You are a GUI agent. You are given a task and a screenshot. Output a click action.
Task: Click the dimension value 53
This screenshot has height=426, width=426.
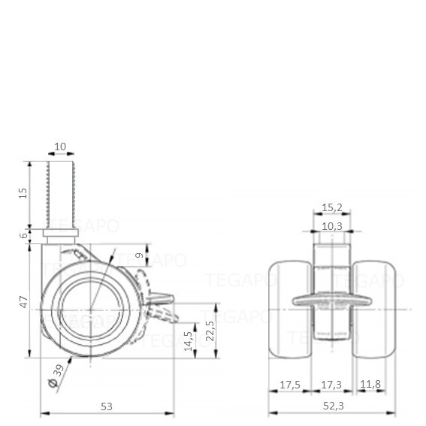(107, 406)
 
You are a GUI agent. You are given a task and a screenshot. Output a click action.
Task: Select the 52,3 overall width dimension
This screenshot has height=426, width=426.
(334, 406)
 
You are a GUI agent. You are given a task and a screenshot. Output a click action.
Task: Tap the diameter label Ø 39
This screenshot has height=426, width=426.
(56, 376)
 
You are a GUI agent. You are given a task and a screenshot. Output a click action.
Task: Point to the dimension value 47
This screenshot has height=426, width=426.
(24, 302)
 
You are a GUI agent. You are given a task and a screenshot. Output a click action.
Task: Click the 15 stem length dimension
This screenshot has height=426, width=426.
(23, 193)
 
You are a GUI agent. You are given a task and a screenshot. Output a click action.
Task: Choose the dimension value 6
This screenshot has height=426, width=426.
(24, 235)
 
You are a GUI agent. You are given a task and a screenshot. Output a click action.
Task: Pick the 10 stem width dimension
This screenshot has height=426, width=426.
(60, 147)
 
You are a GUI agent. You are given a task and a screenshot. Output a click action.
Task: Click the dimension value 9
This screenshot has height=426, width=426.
(139, 255)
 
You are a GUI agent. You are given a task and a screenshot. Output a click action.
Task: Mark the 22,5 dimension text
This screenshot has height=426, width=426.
(210, 331)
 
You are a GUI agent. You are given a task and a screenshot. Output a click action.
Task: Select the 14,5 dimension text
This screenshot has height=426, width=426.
(189, 340)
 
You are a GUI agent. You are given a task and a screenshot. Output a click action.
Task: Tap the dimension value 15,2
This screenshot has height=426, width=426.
(332, 207)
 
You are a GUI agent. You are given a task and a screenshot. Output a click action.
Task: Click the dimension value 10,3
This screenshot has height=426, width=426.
(332, 226)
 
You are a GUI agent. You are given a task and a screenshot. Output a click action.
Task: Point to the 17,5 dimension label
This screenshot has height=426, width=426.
(290, 385)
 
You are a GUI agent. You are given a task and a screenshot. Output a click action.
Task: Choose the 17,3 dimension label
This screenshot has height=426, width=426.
(331, 385)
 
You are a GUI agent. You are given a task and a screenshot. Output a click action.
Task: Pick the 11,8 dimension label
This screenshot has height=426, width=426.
(370, 384)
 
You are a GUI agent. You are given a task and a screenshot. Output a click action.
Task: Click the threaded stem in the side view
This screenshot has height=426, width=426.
(61, 195)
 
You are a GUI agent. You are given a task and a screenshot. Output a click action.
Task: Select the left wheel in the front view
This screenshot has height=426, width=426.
(291, 310)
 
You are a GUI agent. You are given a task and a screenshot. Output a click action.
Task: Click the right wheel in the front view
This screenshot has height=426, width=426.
(374, 310)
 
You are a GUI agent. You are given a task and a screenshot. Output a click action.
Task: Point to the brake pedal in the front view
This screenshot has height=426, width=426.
(332, 301)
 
